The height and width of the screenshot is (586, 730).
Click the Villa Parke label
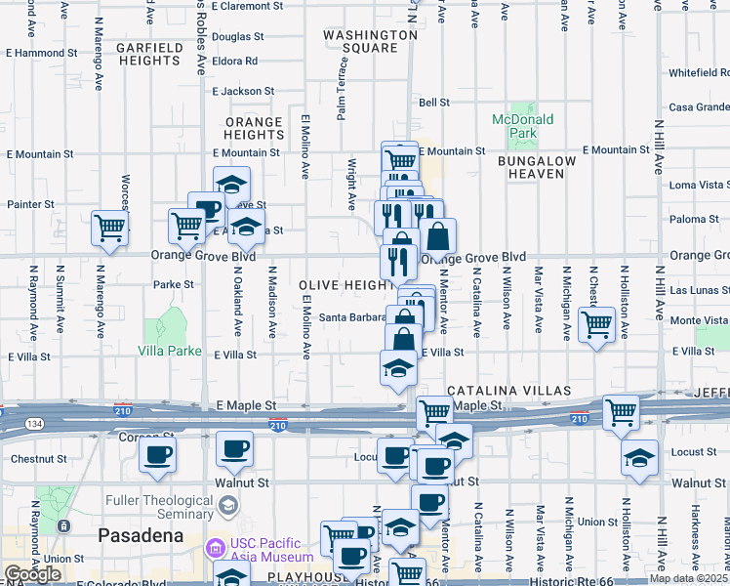pos(170,350)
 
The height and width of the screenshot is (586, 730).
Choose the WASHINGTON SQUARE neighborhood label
pos(371,40)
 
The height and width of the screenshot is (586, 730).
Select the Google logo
pos(31,574)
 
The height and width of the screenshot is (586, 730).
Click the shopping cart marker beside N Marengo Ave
pos(110,229)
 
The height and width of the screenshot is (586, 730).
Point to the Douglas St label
pos(238,37)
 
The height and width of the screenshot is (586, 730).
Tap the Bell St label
pos(433,102)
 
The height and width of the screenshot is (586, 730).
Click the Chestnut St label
pos(38,457)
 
